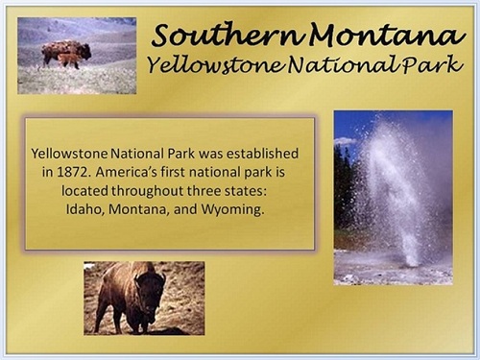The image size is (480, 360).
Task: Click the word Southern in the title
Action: point(210,36)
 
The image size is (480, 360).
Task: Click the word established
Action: point(262,154)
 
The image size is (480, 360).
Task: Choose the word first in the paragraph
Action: point(196,172)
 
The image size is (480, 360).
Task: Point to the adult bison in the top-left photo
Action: point(65,49)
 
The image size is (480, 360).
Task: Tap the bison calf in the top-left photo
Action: point(68,60)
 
